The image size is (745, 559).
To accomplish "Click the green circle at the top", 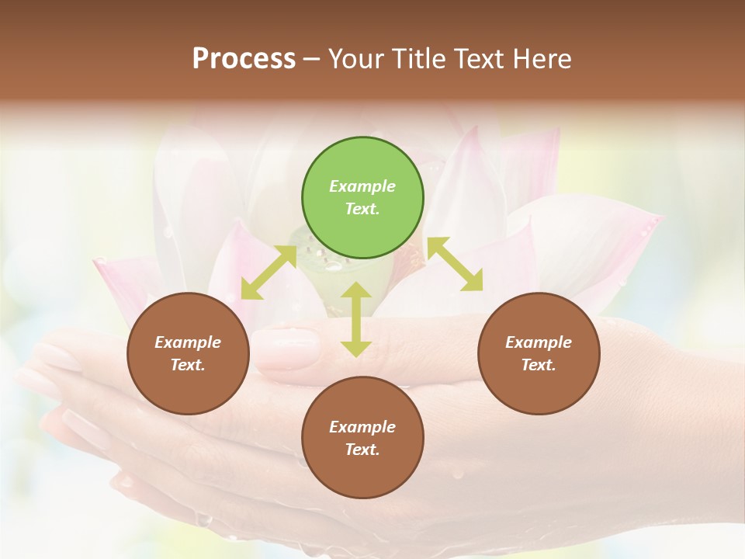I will (x=362, y=198).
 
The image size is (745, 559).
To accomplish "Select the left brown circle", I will (x=188, y=353).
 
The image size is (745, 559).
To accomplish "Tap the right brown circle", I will (x=539, y=353).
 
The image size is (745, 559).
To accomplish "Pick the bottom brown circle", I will (x=362, y=438).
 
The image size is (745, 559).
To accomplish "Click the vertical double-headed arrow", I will (x=355, y=319).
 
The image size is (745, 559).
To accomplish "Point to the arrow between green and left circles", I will (x=269, y=272).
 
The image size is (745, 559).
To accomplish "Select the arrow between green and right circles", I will (x=455, y=265).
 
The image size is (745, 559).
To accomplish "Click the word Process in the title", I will (x=244, y=59).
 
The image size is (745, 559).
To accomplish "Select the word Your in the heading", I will (x=355, y=59).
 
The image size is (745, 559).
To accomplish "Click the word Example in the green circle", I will (x=362, y=186).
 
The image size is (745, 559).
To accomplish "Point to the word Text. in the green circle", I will (x=362, y=209).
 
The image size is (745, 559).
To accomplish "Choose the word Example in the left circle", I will (x=188, y=342).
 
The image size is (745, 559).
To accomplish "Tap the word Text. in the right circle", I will (x=539, y=365).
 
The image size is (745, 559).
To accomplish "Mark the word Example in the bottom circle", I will (x=362, y=427).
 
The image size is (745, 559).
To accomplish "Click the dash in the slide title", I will (x=312, y=59).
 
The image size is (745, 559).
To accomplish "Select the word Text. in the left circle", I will (x=188, y=365).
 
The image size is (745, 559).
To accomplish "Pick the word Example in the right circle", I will (x=539, y=342).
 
